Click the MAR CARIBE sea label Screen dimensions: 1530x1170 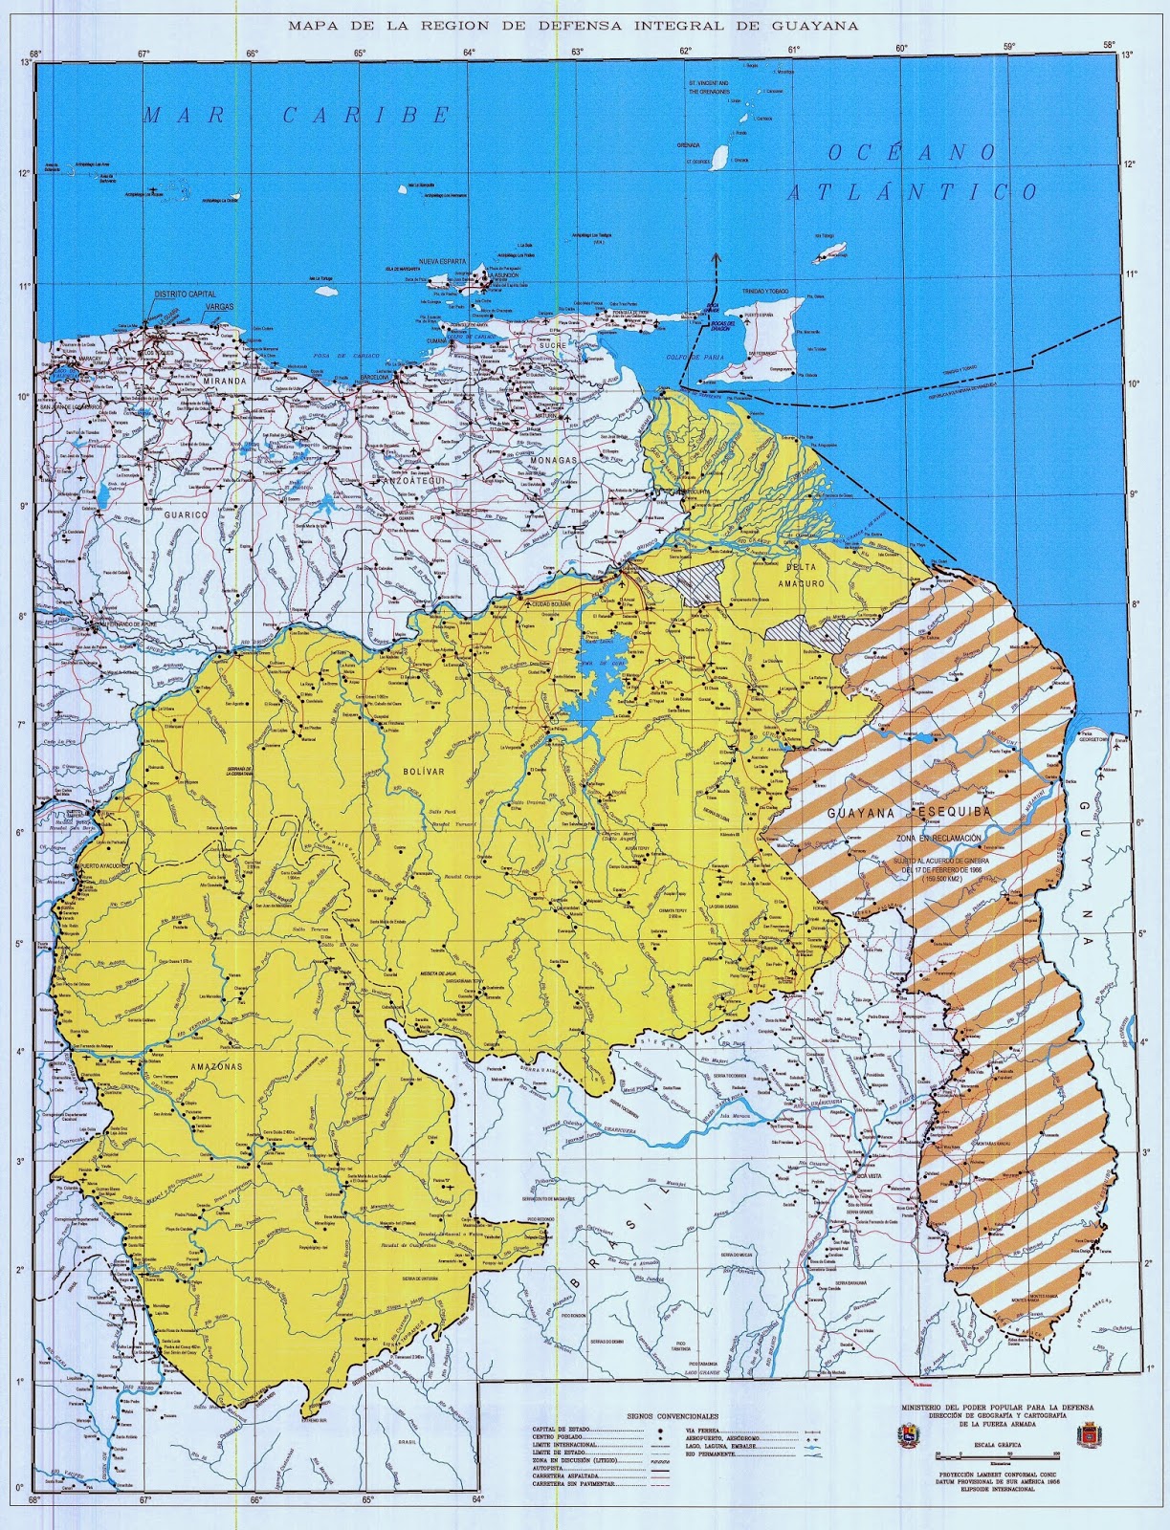pos(296,116)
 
